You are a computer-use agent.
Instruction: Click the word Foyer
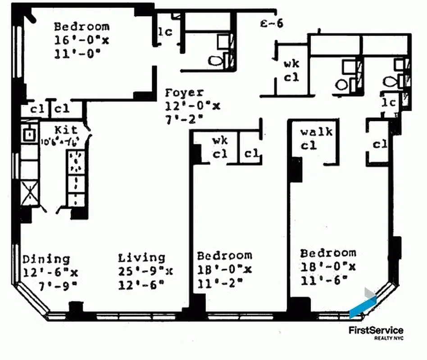[184, 93]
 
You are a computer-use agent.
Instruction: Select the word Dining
[46, 260]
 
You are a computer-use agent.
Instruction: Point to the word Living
[141, 258]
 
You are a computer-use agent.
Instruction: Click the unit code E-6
[272, 24]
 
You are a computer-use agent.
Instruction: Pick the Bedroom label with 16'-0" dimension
[81, 27]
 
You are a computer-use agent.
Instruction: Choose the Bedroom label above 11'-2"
[224, 256]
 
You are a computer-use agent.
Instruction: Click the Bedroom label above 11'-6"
[328, 253]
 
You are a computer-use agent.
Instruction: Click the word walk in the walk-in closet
[316, 132]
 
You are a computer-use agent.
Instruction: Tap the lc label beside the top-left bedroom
[165, 32]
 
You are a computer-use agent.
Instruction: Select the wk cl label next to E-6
[291, 71]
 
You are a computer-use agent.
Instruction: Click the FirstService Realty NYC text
[376, 333]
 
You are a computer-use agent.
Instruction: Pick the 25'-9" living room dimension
[145, 271]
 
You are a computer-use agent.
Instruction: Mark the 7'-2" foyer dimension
[184, 119]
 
